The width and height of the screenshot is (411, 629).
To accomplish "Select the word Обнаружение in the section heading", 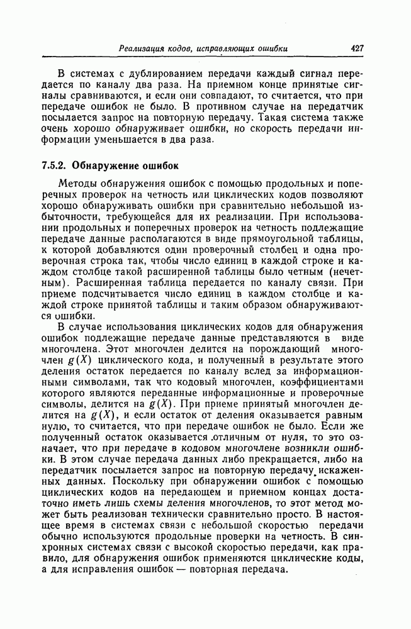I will point(102,167).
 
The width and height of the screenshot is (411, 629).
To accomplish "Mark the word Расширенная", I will point(103,290).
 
